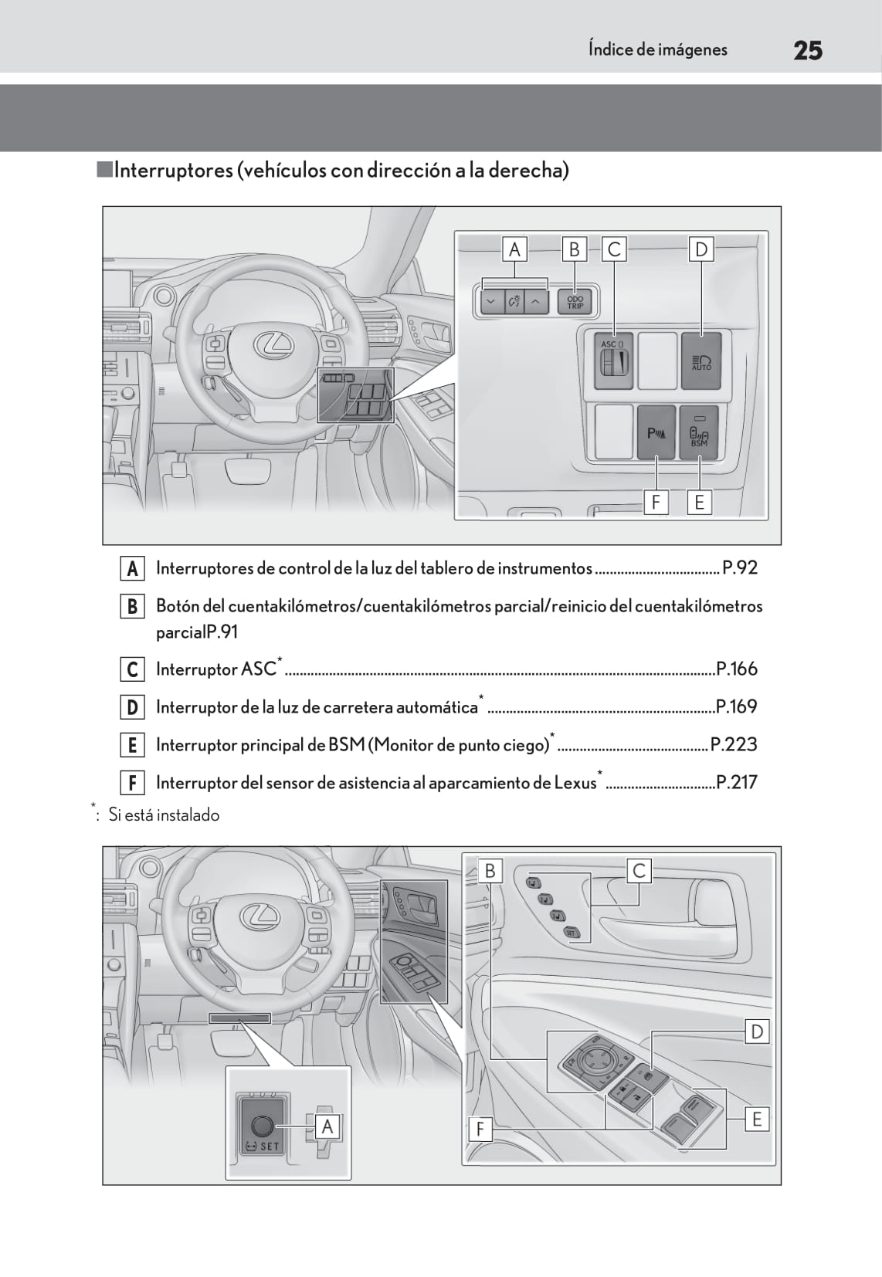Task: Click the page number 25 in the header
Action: click(x=807, y=51)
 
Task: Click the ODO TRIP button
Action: click(x=575, y=302)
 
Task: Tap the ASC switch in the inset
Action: click(x=614, y=360)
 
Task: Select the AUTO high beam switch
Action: click(x=701, y=361)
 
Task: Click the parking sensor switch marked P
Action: click(x=656, y=433)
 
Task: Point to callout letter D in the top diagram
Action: click(x=701, y=249)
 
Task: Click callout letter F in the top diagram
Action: click(x=656, y=503)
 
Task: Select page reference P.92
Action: click(x=740, y=568)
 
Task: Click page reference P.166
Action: click(x=737, y=669)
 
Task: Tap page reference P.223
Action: click(x=734, y=744)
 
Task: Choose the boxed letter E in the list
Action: click(x=132, y=745)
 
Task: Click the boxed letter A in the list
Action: click(x=132, y=569)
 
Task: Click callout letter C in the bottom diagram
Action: click(x=639, y=871)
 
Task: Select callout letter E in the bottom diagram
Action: click(x=757, y=1119)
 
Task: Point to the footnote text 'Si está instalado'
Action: click(x=164, y=815)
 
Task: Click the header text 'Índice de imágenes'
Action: click(x=657, y=50)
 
